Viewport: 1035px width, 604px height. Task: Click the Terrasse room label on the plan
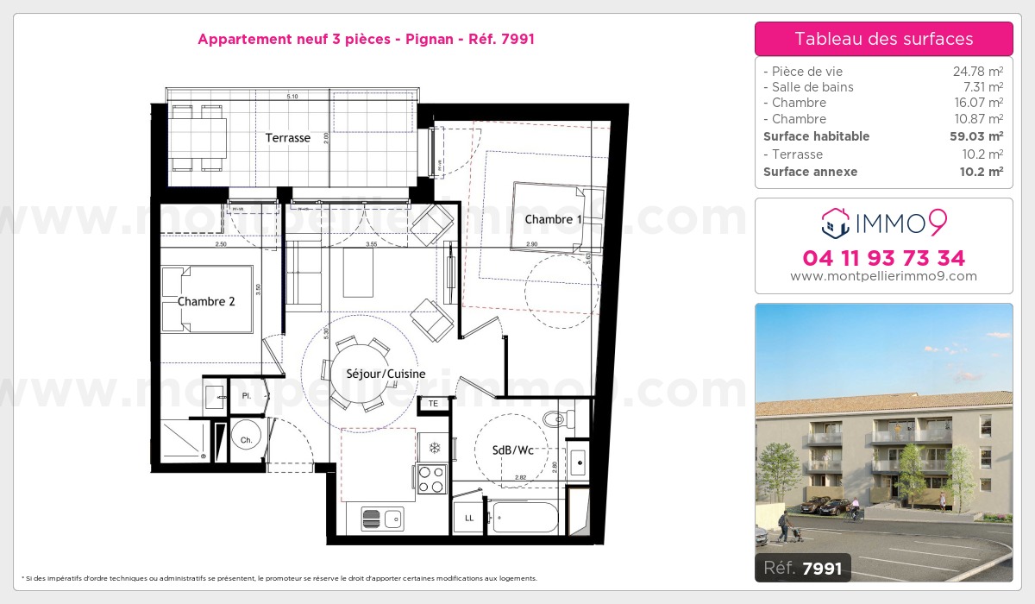pyautogui.click(x=287, y=138)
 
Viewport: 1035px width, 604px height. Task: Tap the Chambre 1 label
pyautogui.click(x=553, y=220)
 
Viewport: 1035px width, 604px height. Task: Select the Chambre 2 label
pyautogui.click(x=206, y=302)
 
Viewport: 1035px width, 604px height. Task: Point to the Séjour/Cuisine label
pyautogui.click(x=374, y=374)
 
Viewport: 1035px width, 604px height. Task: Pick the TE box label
pyautogui.click(x=433, y=403)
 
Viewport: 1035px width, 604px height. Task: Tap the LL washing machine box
pyautogui.click(x=469, y=519)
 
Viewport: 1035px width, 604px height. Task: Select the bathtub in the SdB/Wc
pyautogui.click(x=524, y=519)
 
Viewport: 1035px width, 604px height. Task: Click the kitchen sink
pyautogui.click(x=382, y=519)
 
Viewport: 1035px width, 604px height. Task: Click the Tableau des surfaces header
pyautogui.click(x=883, y=39)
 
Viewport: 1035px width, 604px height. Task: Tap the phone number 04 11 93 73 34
pyautogui.click(x=883, y=258)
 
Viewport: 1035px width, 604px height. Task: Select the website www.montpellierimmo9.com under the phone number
pyautogui.click(x=883, y=276)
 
